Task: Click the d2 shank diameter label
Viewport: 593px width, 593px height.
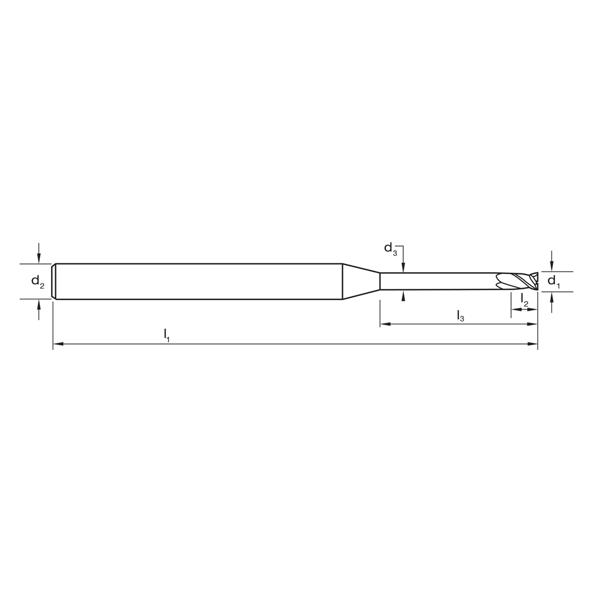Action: pyautogui.click(x=38, y=282)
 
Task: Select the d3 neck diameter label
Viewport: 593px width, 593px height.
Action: pyautogui.click(x=391, y=248)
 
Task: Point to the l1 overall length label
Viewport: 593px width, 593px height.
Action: pyautogui.click(x=167, y=335)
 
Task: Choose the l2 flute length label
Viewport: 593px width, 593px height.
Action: pyautogui.click(x=525, y=300)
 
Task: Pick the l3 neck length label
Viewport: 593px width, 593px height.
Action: pyautogui.click(x=460, y=315)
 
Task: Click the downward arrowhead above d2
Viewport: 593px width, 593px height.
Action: pyautogui.click(x=39, y=259)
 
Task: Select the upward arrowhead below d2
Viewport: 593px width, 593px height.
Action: pyautogui.click(x=39, y=303)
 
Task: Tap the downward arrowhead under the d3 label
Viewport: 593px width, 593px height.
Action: pyautogui.click(x=403, y=268)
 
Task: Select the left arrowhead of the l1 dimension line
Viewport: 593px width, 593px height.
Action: pyautogui.click(x=58, y=344)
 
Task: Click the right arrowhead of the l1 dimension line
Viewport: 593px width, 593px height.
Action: pyautogui.click(x=533, y=344)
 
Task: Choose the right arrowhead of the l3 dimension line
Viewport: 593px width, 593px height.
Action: pyautogui.click(x=533, y=324)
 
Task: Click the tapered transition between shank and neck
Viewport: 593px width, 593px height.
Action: pyautogui.click(x=361, y=281)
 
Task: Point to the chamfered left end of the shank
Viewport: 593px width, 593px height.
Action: pyautogui.click(x=54, y=281)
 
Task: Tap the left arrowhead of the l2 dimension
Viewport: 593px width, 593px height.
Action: pyautogui.click(x=515, y=309)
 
